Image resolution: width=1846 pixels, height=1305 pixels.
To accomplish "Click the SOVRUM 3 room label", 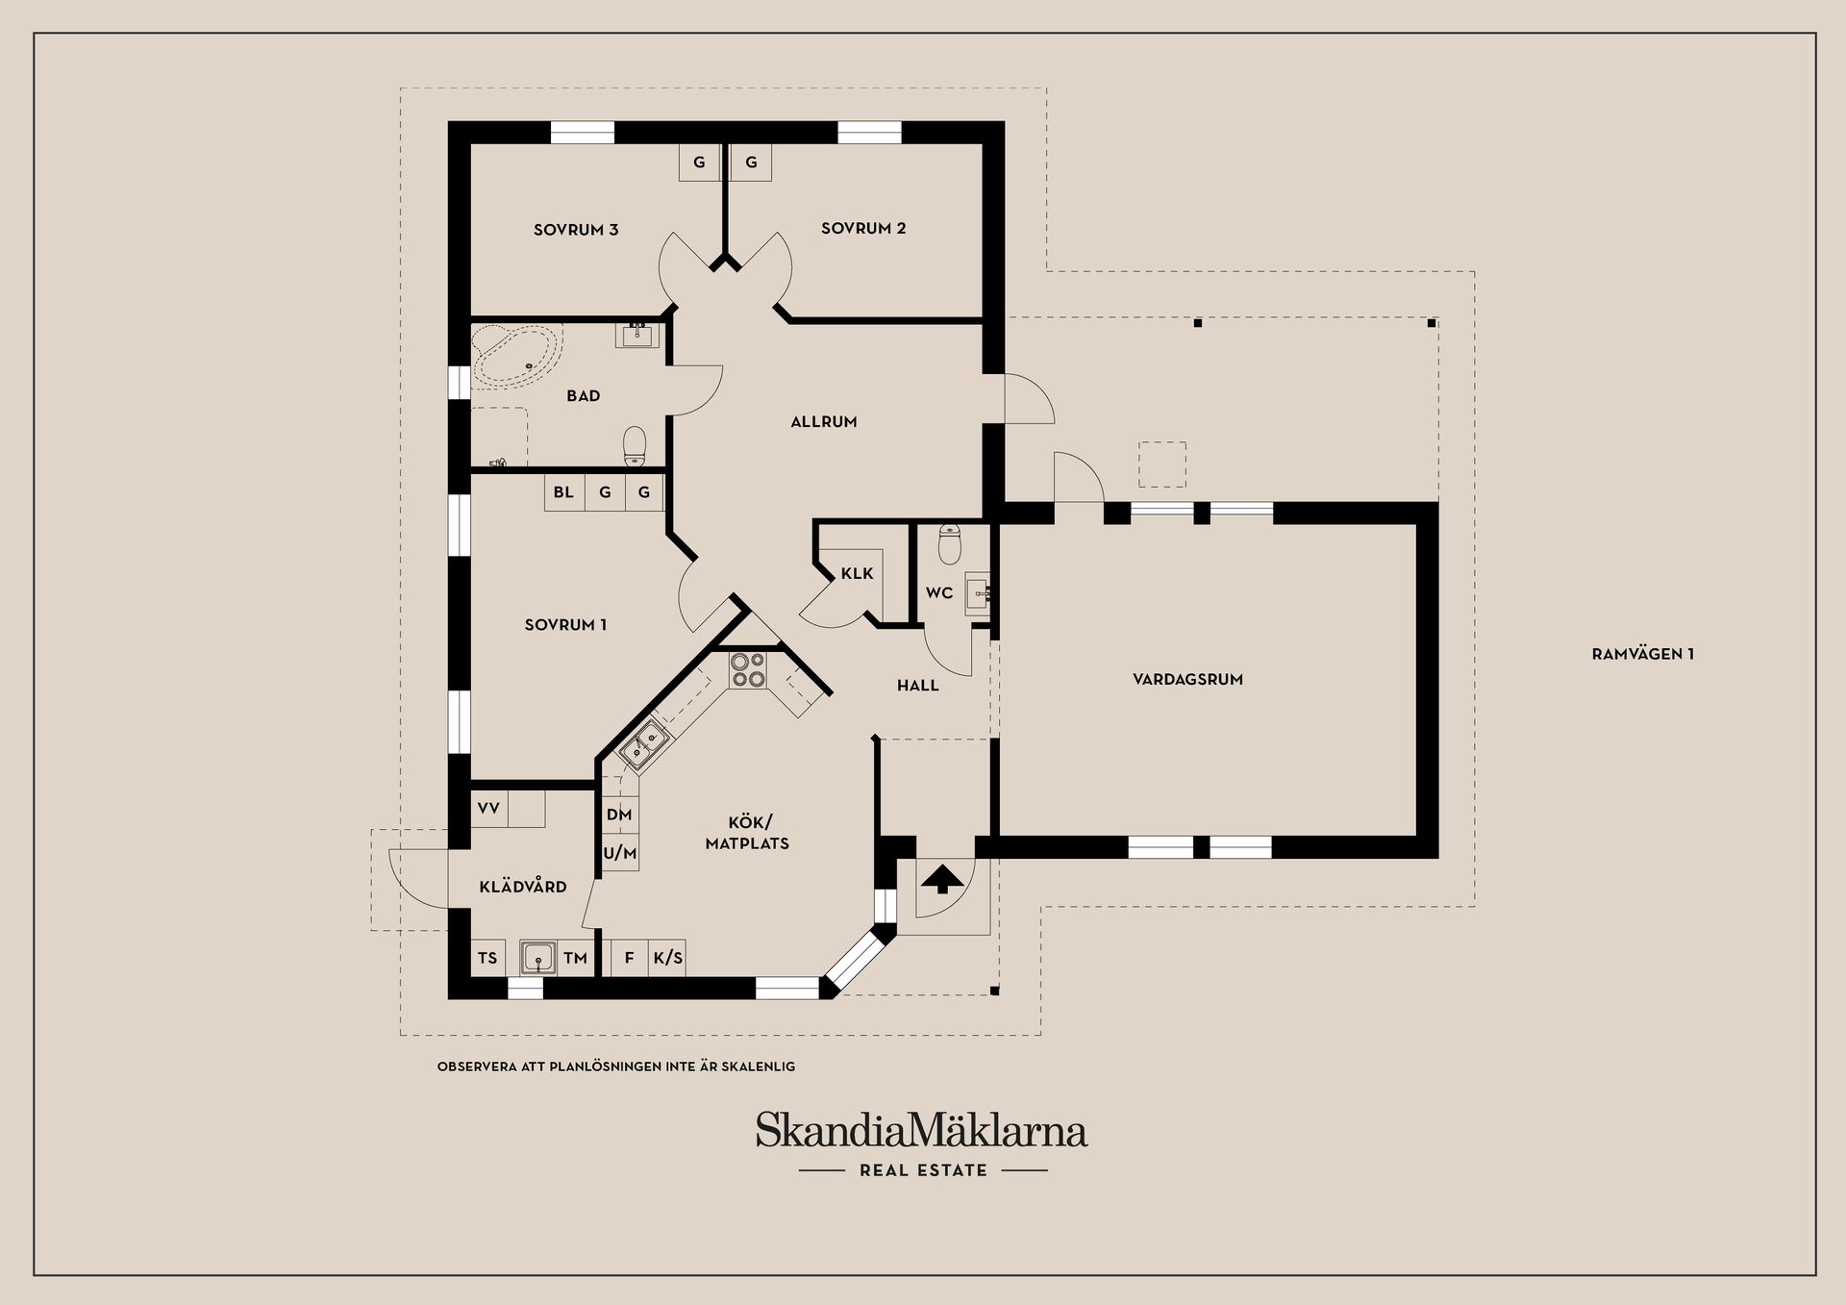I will coord(575,230).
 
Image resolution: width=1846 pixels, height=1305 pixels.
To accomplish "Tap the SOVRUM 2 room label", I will coord(862,229).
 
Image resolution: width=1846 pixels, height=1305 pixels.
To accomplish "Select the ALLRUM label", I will coord(823,422).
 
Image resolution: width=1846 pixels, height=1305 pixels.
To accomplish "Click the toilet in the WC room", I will coord(949,545).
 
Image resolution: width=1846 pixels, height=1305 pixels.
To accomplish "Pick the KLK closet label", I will coord(857,574).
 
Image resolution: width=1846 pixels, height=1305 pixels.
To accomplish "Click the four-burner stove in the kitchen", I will coord(747,670).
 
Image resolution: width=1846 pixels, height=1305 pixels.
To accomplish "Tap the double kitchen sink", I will coord(643,744).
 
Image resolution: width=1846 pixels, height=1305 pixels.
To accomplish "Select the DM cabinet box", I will coord(619,816).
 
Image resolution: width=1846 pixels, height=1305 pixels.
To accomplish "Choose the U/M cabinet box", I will coord(620,853).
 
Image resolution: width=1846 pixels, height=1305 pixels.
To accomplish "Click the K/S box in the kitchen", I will coord(667,959).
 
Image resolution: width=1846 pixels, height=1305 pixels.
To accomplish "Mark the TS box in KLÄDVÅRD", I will coord(487,959).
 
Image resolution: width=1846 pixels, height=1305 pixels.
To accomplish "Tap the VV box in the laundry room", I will coord(488,809).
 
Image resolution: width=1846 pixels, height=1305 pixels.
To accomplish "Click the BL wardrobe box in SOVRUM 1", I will coord(563,492).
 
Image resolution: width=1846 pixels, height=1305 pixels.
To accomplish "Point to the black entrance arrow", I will coord(943,878).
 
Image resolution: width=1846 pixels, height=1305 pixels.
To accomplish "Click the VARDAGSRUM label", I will coord(1187,680).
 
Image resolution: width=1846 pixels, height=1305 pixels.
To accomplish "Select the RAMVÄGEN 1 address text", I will coord(1642,655).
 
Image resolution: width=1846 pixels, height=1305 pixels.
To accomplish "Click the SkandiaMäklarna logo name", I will coord(921,1131).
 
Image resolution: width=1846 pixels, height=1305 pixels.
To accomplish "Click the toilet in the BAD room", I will coord(635,444).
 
